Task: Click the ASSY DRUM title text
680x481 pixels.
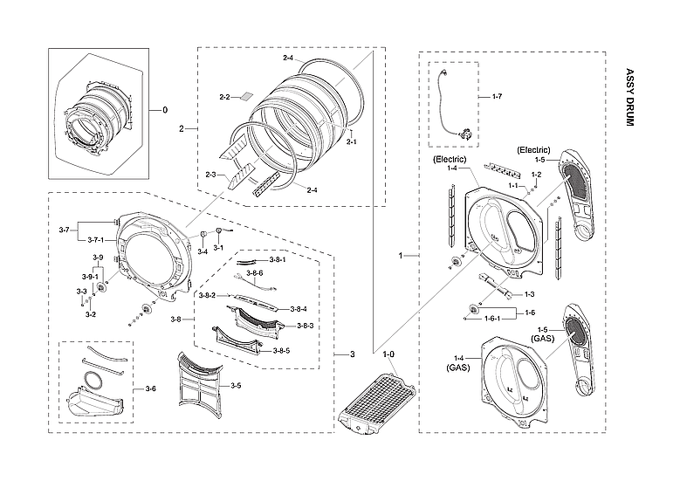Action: click(629, 98)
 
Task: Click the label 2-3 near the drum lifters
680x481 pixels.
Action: click(210, 175)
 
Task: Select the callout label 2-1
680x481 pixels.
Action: click(351, 141)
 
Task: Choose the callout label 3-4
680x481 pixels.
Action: click(203, 251)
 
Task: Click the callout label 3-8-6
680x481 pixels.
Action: click(255, 273)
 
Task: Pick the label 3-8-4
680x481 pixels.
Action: click(299, 308)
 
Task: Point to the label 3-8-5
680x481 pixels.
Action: click(280, 350)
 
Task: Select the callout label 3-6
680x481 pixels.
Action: click(150, 388)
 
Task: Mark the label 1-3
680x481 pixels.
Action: click(529, 294)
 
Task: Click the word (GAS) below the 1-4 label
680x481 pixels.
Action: click(459, 369)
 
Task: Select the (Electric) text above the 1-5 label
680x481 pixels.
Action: click(534, 149)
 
